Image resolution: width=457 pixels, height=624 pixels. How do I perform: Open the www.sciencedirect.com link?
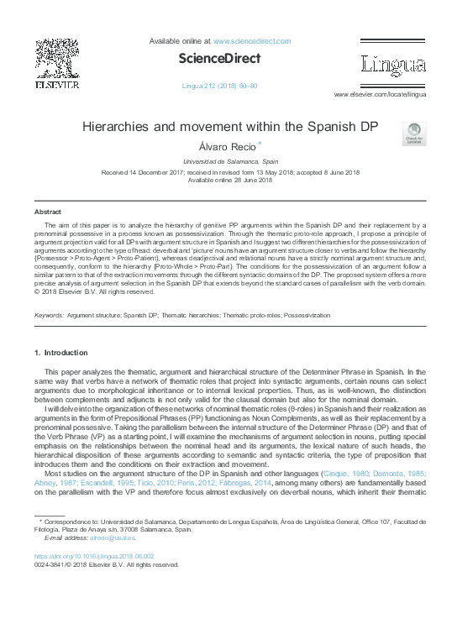tap(249, 40)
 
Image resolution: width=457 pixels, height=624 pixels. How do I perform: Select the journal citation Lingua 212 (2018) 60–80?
tap(219, 86)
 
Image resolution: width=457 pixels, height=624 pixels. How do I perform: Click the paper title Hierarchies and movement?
tap(229, 128)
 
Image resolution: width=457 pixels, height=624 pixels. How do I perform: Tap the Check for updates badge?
tap(414, 133)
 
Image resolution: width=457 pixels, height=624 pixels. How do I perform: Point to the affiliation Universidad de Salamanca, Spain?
tap(229, 161)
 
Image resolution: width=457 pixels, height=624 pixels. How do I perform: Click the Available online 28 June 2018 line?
tap(229, 181)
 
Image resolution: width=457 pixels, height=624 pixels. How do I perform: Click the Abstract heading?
tap(47, 212)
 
